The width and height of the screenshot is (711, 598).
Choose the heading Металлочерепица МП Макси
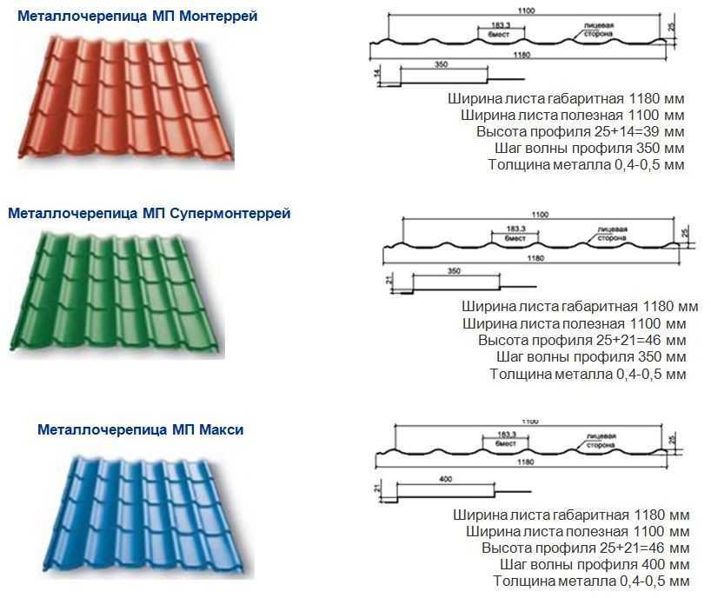coord(141,429)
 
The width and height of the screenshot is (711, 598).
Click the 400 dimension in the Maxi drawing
coord(447,479)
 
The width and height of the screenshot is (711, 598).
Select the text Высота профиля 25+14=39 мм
coord(580,131)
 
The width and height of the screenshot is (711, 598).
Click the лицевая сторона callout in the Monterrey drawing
coord(599,30)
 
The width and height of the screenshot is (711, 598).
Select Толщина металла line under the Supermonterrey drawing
coord(588,374)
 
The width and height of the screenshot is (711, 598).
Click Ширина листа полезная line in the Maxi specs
coord(578,531)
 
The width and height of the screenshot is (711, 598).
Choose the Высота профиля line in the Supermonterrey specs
coord(582,339)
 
